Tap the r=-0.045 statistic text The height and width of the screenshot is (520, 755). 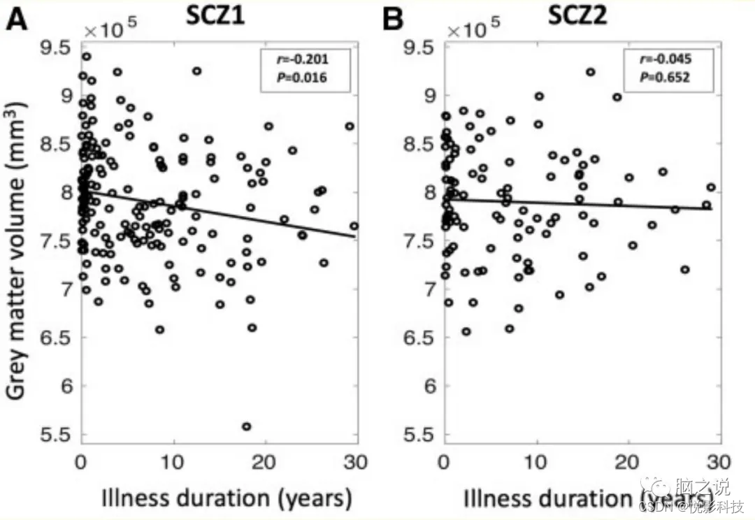pos(665,61)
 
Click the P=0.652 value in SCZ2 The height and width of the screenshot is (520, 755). pos(665,78)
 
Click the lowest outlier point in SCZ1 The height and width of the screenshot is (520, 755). pos(246,426)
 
